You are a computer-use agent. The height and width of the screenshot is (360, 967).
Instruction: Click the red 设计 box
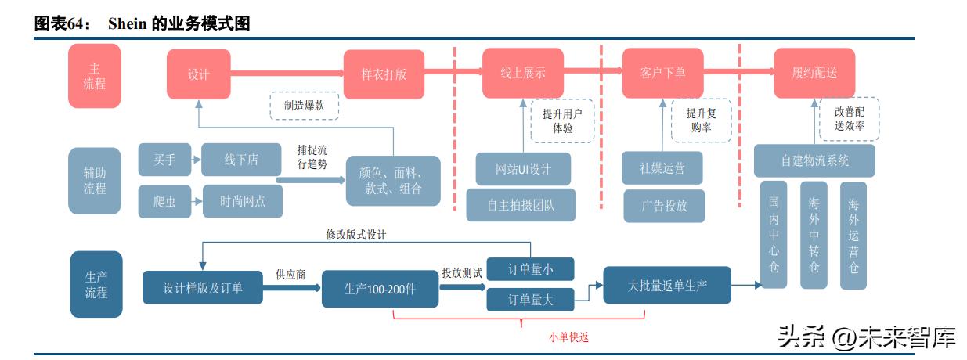(198, 74)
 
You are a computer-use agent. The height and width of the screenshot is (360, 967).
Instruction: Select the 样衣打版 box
(384, 74)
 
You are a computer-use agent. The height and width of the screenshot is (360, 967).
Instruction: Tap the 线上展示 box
(523, 74)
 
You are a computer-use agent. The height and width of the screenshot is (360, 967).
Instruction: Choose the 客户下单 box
(662, 74)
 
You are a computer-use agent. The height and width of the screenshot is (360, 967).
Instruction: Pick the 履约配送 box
(814, 74)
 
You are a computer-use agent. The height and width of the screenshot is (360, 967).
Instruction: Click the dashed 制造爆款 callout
(305, 105)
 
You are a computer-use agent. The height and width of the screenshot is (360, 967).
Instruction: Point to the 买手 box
(164, 160)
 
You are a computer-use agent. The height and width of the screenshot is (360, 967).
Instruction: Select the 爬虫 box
(164, 201)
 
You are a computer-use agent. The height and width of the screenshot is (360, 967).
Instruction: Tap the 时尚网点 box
(242, 201)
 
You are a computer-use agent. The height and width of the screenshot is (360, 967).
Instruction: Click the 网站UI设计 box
(523, 169)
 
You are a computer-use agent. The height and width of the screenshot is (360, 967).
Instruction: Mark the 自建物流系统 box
(814, 160)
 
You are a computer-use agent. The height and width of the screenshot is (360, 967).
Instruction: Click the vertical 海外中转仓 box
(814, 235)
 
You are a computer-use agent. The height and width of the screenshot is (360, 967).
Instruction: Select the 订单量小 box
(531, 269)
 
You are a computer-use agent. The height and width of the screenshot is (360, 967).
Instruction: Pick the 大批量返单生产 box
(667, 286)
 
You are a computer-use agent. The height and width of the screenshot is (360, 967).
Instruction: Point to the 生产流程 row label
(96, 284)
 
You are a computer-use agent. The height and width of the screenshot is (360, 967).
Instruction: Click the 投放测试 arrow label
(461, 272)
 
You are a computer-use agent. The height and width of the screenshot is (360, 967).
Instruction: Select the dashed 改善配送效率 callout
(849, 119)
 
